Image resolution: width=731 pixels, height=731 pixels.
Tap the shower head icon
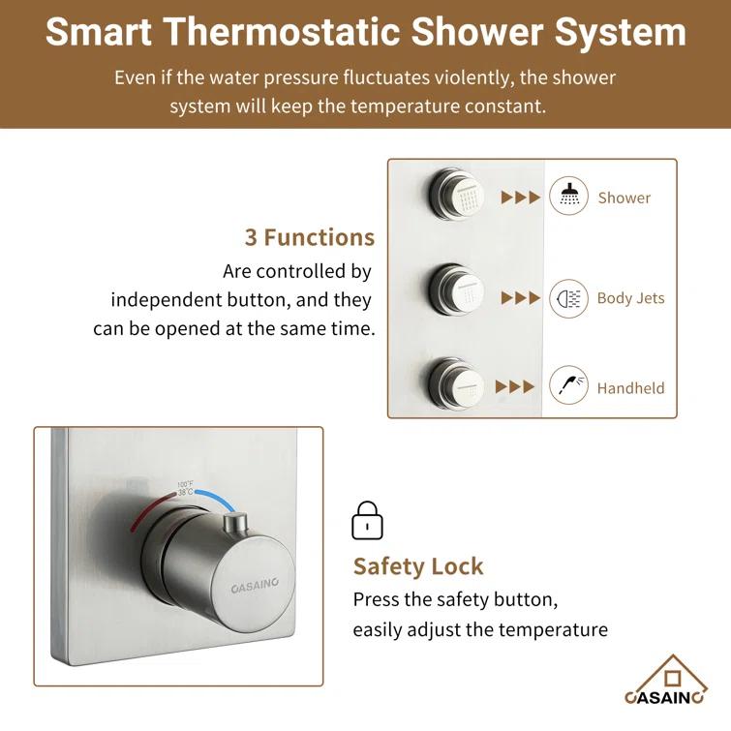(568, 197)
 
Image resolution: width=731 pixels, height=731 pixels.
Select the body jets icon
(568, 298)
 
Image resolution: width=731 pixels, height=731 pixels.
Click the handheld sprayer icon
(568, 386)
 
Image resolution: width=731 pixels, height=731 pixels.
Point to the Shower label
(624, 198)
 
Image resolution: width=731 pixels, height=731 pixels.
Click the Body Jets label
(630, 298)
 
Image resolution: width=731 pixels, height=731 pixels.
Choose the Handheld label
(630, 388)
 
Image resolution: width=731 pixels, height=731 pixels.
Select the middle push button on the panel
(456, 289)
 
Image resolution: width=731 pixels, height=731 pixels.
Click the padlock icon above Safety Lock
(366, 520)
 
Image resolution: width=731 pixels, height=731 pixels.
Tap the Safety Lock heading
(417, 566)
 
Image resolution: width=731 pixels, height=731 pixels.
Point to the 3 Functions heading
(309, 237)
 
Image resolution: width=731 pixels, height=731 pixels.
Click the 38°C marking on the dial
(186, 492)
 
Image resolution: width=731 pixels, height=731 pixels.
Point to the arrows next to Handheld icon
(514, 387)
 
